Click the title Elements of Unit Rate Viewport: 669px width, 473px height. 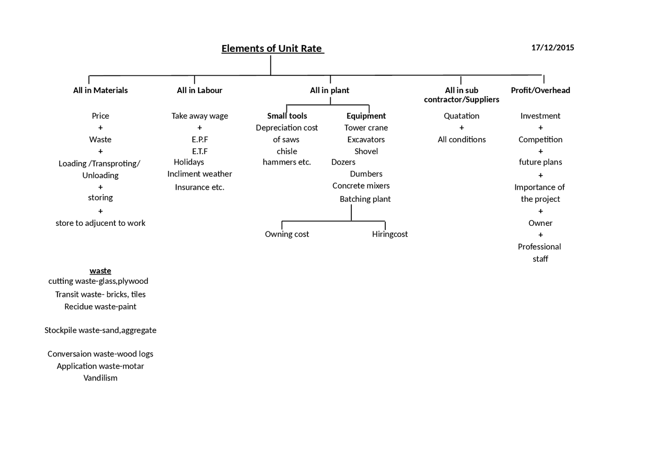272,49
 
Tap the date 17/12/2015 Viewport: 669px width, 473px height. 552,48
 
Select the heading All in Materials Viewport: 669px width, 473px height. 100,90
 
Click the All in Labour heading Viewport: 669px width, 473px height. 200,90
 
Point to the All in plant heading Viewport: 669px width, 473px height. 329,90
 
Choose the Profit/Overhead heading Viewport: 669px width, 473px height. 540,90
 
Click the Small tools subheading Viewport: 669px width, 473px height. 287,116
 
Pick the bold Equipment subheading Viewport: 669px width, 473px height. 366,116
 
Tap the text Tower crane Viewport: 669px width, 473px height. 366,128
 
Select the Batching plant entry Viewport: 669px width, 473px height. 365,199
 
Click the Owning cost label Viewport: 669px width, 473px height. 287,234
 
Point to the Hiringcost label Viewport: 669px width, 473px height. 390,234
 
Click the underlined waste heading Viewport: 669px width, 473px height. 100,271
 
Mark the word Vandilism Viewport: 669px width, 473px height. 100,378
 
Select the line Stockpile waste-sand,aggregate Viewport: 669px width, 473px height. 100,330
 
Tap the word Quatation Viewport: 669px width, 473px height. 462,116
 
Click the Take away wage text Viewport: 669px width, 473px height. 200,116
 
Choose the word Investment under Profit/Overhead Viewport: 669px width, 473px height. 540,116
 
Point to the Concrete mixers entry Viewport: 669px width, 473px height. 361,186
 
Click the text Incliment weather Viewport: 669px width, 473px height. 200,174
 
